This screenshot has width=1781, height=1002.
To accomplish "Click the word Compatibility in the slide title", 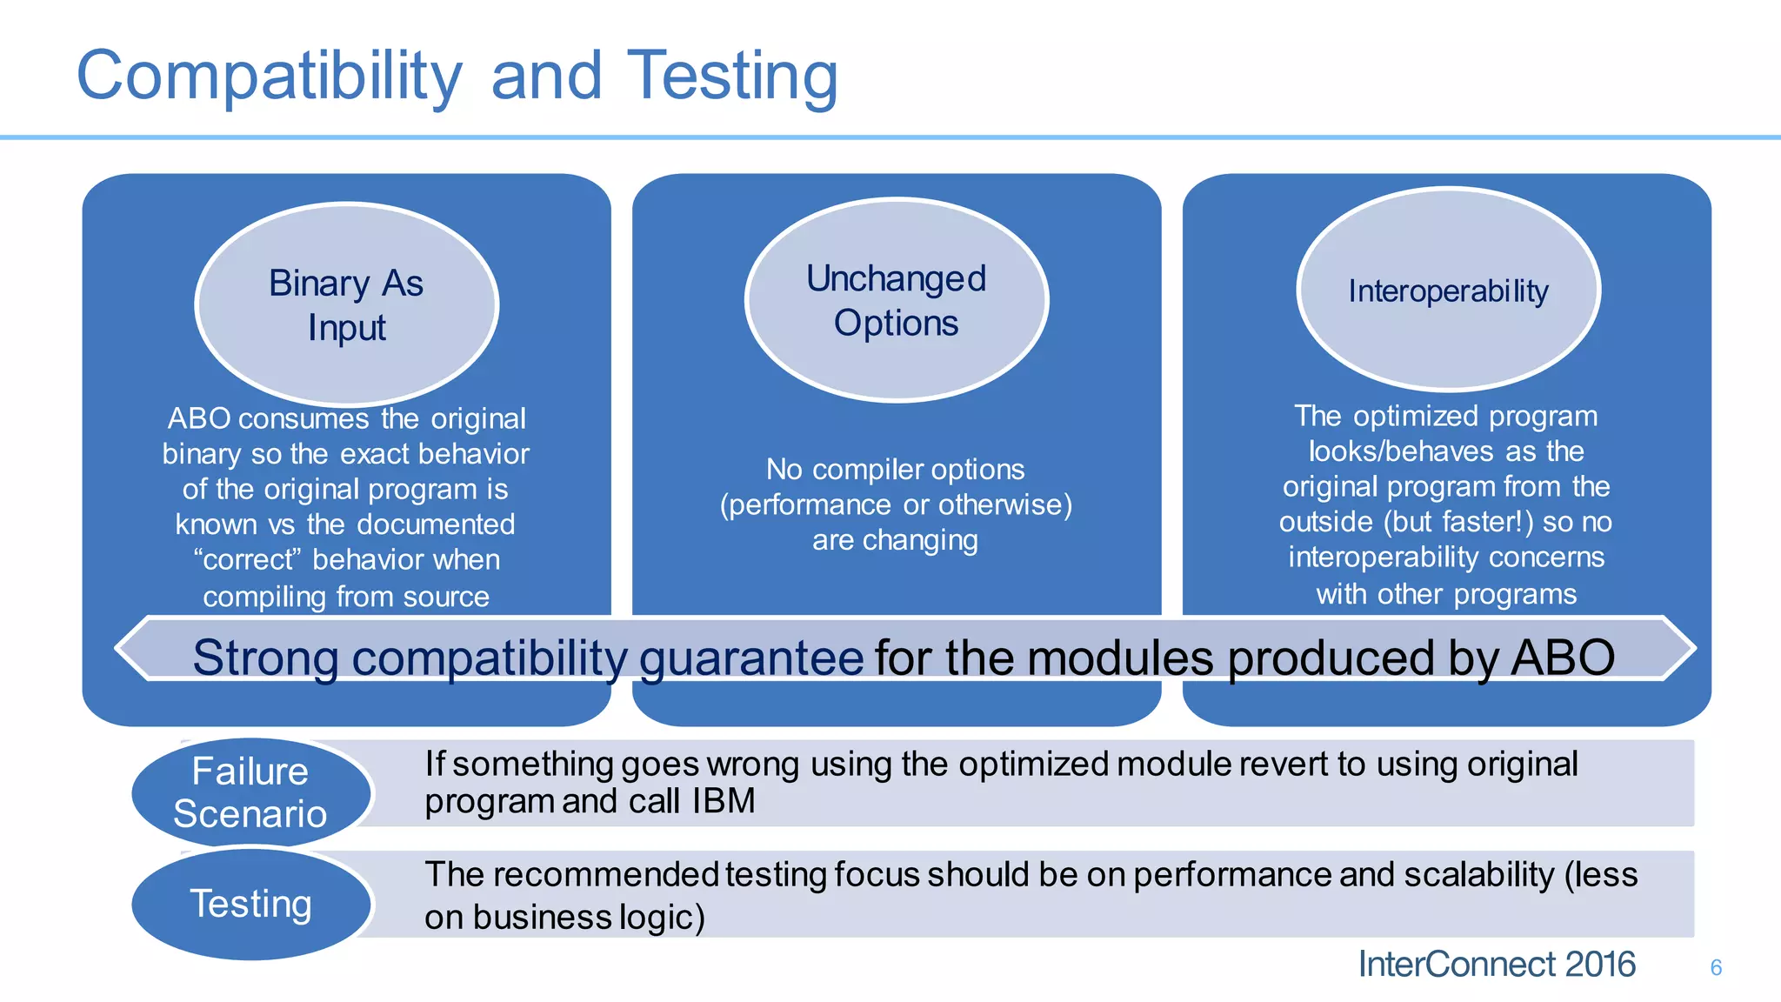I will [270, 77].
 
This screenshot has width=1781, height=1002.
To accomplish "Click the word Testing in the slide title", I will [732, 77].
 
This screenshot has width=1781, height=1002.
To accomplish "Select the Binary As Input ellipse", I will [346, 304].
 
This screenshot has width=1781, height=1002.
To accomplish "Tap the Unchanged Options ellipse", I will [897, 300].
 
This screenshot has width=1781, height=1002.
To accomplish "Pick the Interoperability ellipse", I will [1448, 291].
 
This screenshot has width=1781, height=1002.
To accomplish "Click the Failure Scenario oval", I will [250, 792].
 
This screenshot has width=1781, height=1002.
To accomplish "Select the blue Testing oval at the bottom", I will [250, 904].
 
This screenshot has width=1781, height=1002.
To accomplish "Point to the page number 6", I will [1716, 967].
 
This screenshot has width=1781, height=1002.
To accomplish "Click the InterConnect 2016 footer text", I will [1496, 965].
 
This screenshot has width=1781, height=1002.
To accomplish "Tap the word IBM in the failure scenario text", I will [724, 801].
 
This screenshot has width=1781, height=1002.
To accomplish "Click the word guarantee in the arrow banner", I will [751, 658].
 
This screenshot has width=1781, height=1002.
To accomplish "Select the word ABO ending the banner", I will [1562, 658].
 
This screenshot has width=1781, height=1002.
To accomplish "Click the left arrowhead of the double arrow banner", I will [135, 648].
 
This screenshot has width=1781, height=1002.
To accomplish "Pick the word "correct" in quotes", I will [247, 560].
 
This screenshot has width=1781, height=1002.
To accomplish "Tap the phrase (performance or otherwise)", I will [896, 504].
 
